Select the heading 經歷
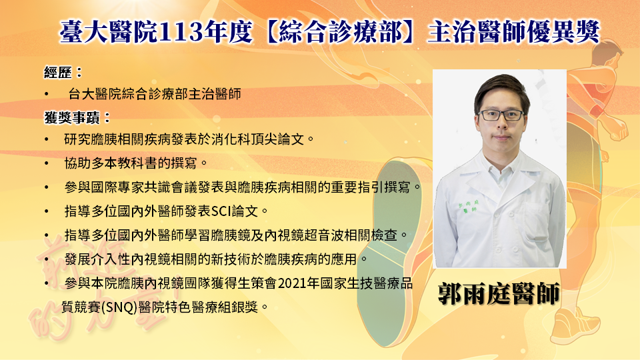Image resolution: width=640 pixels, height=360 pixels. point(58,73)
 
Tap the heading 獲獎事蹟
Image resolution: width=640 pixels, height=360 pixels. point(72,118)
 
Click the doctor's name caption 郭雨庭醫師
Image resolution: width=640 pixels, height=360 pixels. point(499,293)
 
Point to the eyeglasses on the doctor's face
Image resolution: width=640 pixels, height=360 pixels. point(501,115)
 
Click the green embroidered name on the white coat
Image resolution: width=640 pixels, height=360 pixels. point(468,206)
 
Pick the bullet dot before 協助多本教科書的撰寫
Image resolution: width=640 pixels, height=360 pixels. point(47,164)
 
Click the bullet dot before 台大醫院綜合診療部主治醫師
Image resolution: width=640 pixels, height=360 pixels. point(47,94)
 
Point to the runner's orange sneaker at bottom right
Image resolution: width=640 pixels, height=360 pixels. point(575,325)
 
